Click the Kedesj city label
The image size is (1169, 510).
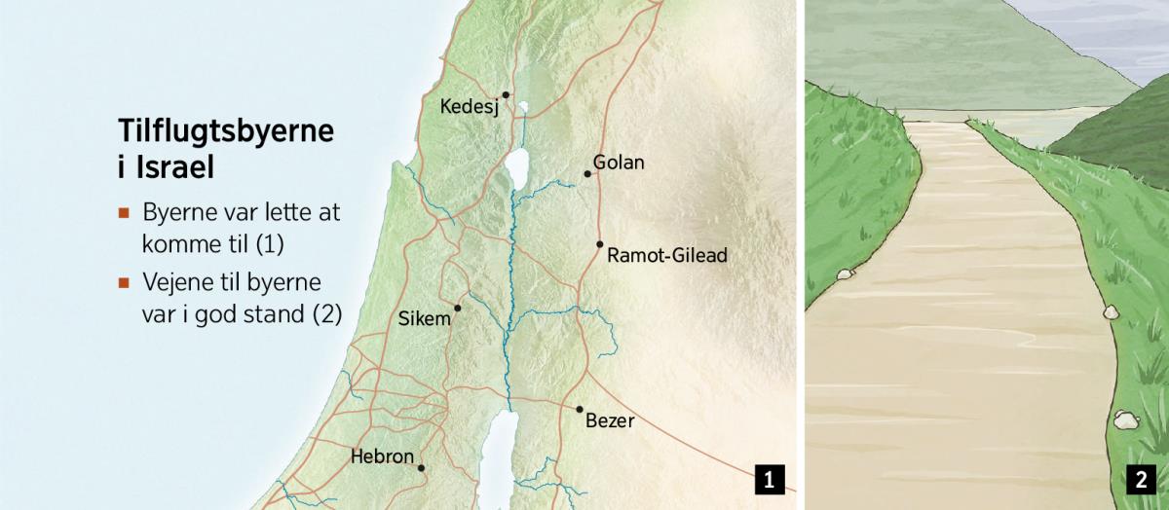point(470,107)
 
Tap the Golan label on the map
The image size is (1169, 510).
point(619,163)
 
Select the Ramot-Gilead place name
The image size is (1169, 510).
point(666,256)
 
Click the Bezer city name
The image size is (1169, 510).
point(610,421)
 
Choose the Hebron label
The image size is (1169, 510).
point(382,456)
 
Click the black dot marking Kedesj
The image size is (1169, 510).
point(506,94)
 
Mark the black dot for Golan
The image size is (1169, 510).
point(587,174)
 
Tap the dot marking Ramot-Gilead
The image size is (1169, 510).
point(600,244)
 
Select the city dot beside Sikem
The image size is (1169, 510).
point(457,308)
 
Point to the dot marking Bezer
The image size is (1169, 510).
point(579,410)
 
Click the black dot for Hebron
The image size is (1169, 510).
point(421,468)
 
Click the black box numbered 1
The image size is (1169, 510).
point(769,479)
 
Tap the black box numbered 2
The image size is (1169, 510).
point(1140,479)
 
